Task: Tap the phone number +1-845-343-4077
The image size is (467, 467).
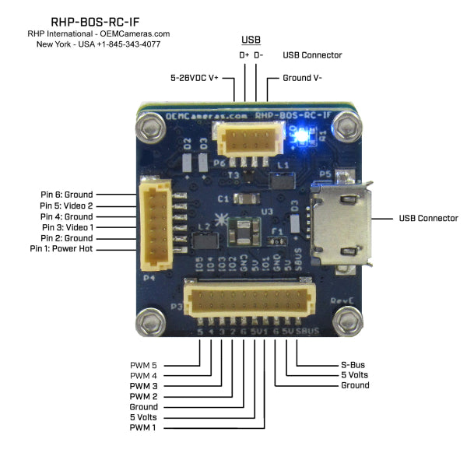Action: click(132, 44)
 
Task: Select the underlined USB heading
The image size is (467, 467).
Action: click(251, 40)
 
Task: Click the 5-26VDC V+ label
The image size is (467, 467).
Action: click(195, 79)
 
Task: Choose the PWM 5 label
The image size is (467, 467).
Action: click(144, 364)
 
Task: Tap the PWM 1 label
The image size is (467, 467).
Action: click(144, 427)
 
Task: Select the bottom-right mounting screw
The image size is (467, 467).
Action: click(348, 321)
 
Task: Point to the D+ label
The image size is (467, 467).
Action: click(244, 55)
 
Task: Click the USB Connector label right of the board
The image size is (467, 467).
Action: click(428, 219)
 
